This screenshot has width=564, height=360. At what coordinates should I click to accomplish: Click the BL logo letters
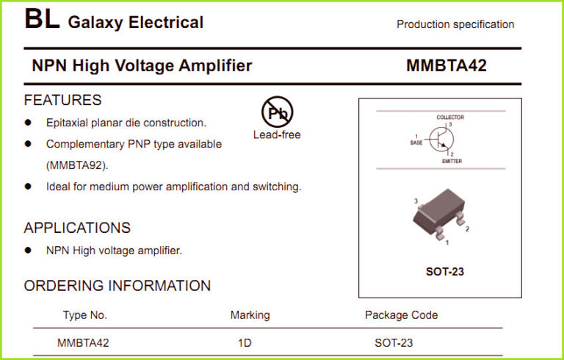point(41,20)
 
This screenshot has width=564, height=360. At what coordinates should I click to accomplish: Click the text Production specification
point(455,24)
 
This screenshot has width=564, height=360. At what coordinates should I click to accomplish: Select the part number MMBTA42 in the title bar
point(446,65)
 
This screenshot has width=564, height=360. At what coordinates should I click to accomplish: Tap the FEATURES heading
point(62,100)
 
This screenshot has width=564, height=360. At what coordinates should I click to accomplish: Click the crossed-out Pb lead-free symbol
point(277,112)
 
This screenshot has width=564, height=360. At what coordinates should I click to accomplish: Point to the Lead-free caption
point(277,134)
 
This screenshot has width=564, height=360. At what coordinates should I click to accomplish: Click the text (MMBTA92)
point(77,165)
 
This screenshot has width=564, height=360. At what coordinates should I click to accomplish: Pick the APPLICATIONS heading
point(77,228)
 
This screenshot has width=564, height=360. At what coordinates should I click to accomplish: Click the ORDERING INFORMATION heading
point(117,286)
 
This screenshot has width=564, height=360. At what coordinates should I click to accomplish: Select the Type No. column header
point(85,315)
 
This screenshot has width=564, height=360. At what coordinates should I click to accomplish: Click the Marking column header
point(250,315)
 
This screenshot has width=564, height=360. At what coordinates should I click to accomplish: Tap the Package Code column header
point(401,315)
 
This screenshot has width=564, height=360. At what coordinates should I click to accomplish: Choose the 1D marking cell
point(245,342)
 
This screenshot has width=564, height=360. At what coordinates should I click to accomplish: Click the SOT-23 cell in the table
point(394,342)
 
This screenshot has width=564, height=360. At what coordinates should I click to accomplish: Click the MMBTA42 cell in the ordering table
point(83,342)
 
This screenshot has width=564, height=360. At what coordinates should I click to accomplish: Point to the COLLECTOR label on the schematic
point(450,118)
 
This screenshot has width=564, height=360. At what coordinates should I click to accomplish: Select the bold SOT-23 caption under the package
point(445,272)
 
